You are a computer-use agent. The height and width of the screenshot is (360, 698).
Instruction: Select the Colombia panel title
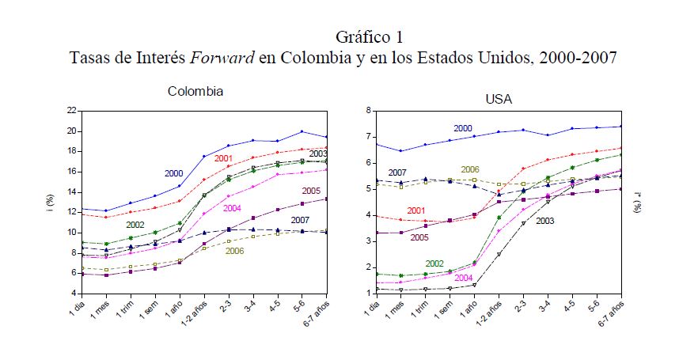195,91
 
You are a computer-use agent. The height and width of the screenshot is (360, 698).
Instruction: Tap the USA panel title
499,99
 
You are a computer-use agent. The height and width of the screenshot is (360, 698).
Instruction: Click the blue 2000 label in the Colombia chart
175,173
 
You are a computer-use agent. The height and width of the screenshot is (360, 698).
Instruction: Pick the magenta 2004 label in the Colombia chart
232,209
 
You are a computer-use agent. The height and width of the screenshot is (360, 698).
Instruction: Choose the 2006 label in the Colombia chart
234,251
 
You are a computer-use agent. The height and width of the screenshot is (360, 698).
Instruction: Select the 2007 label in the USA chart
397,172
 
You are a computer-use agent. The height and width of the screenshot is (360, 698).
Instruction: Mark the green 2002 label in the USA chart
434,263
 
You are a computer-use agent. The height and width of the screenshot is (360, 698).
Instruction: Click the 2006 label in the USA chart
470,169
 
